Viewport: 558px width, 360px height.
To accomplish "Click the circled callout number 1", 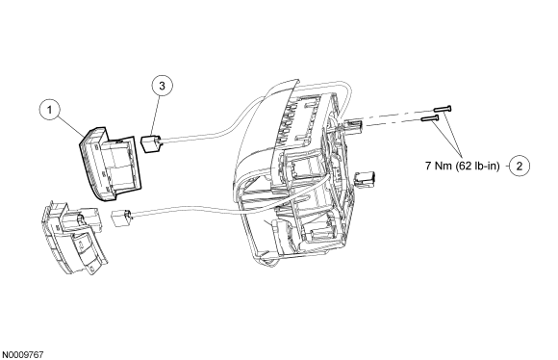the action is click(49, 110).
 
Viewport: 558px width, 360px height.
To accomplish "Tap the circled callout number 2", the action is click(520, 166).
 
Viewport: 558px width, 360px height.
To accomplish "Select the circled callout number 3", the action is click(162, 86).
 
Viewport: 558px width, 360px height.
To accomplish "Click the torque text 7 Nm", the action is click(439, 166).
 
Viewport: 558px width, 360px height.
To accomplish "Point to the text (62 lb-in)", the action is click(477, 166).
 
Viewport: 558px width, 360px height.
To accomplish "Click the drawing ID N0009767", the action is click(23, 355).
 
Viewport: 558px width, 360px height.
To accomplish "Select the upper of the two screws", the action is click(442, 108).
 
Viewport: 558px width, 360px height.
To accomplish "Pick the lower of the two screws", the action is click(430, 118).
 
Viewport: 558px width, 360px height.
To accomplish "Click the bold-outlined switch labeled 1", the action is click(110, 164).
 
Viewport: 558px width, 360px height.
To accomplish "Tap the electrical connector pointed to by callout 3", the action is click(151, 142).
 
